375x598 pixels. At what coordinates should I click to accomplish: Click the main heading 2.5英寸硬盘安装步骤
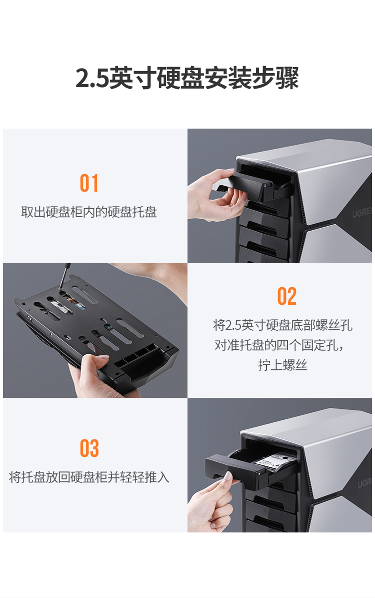186,78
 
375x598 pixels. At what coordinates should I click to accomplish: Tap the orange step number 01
89,183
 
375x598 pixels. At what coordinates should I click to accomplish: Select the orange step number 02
287,296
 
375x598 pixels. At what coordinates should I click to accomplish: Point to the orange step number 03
89,448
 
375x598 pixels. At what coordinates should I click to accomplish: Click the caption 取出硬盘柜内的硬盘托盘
89,212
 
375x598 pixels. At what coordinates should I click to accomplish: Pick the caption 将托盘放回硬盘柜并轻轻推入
89,477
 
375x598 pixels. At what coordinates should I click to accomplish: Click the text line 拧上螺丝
282,365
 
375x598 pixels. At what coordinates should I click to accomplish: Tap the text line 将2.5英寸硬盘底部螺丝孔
282,325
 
